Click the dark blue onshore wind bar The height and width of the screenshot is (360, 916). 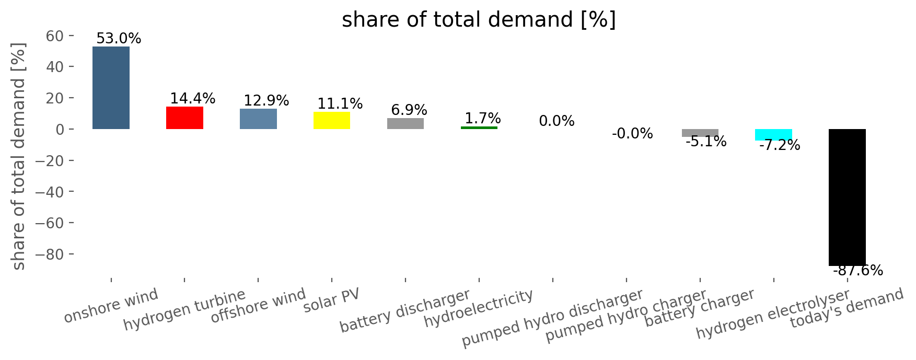point(111,88)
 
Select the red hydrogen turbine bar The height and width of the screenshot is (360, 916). point(184,118)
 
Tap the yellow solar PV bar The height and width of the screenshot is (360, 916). point(332,120)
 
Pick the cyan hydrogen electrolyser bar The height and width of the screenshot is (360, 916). point(773,135)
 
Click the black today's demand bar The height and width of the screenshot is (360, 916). point(847,198)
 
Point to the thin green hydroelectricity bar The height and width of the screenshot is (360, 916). point(479,127)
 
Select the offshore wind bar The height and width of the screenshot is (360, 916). point(258,119)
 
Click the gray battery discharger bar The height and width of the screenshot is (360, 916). point(405,124)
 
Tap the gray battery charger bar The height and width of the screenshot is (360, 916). point(700,133)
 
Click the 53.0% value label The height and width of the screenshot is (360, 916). point(119,39)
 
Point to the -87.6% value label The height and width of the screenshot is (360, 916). point(858,271)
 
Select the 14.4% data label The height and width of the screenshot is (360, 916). point(193,99)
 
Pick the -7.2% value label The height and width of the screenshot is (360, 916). point(779,145)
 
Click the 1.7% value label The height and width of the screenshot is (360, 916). point(483,119)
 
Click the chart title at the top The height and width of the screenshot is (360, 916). point(479,20)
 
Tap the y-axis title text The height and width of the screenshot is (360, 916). point(19,156)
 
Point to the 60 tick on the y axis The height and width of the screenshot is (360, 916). point(55,36)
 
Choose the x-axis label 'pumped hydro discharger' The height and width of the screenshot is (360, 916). point(552,318)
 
